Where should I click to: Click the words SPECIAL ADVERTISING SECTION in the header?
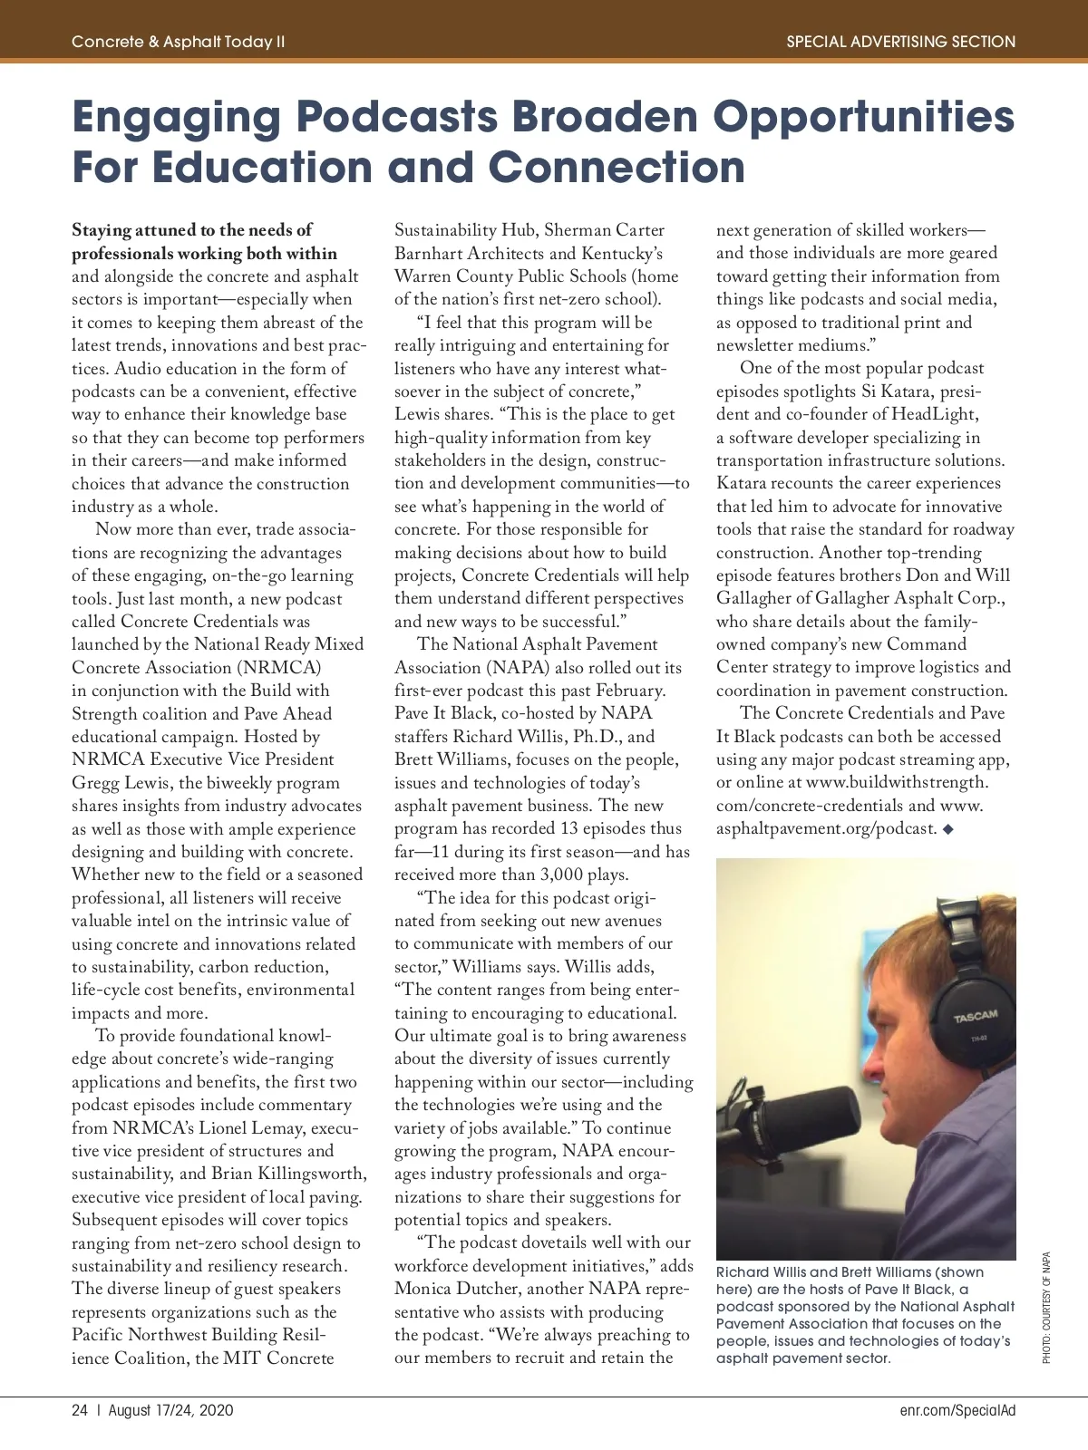(900, 42)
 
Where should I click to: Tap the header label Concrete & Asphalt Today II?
(179, 42)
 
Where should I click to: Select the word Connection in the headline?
(617, 168)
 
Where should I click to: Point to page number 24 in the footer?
(80, 1410)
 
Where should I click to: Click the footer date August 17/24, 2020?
(170, 1410)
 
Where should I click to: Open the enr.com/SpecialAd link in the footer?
(957, 1410)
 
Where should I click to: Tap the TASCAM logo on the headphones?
(975, 1016)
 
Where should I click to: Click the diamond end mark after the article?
(948, 828)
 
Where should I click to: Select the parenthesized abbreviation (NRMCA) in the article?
(279, 668)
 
